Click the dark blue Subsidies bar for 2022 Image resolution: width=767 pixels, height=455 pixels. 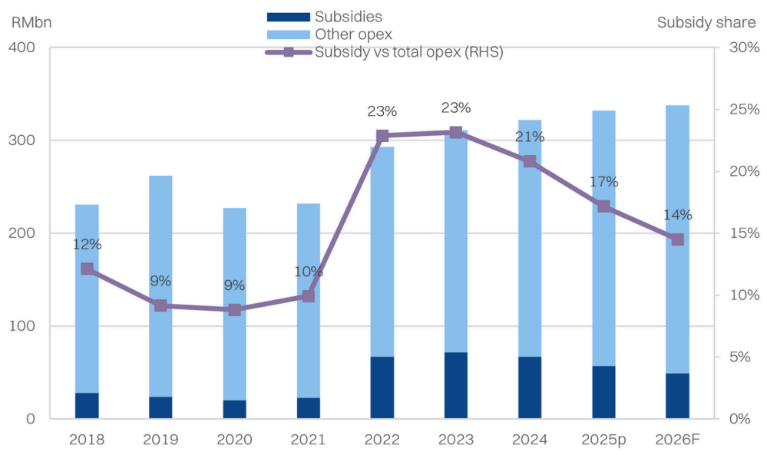tap(382, 387)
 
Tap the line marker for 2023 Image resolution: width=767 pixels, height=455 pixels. tap(455, 132)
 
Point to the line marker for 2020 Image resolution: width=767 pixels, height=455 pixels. tap(234, 310)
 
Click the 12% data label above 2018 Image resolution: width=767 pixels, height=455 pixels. tap(87, 245)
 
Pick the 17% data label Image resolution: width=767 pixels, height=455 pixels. tap(604, 182)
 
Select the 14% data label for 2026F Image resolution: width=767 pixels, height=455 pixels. tap(677, 215)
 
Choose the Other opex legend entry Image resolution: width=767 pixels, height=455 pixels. tap(353, 34)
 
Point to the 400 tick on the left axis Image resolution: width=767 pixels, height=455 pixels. tap(23, 48)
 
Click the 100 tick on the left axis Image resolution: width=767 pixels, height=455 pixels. tap(23, 326)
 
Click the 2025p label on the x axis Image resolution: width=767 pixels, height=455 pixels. tap(603, 440)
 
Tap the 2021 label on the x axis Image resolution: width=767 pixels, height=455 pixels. tap(308, 440)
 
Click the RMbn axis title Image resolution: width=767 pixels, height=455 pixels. tap(31, 21)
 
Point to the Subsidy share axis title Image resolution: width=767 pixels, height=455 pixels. tap(706, 21)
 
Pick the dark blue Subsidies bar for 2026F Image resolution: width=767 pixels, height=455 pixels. tap(677, 395)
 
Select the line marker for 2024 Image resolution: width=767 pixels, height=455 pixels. tap(530, 161)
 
